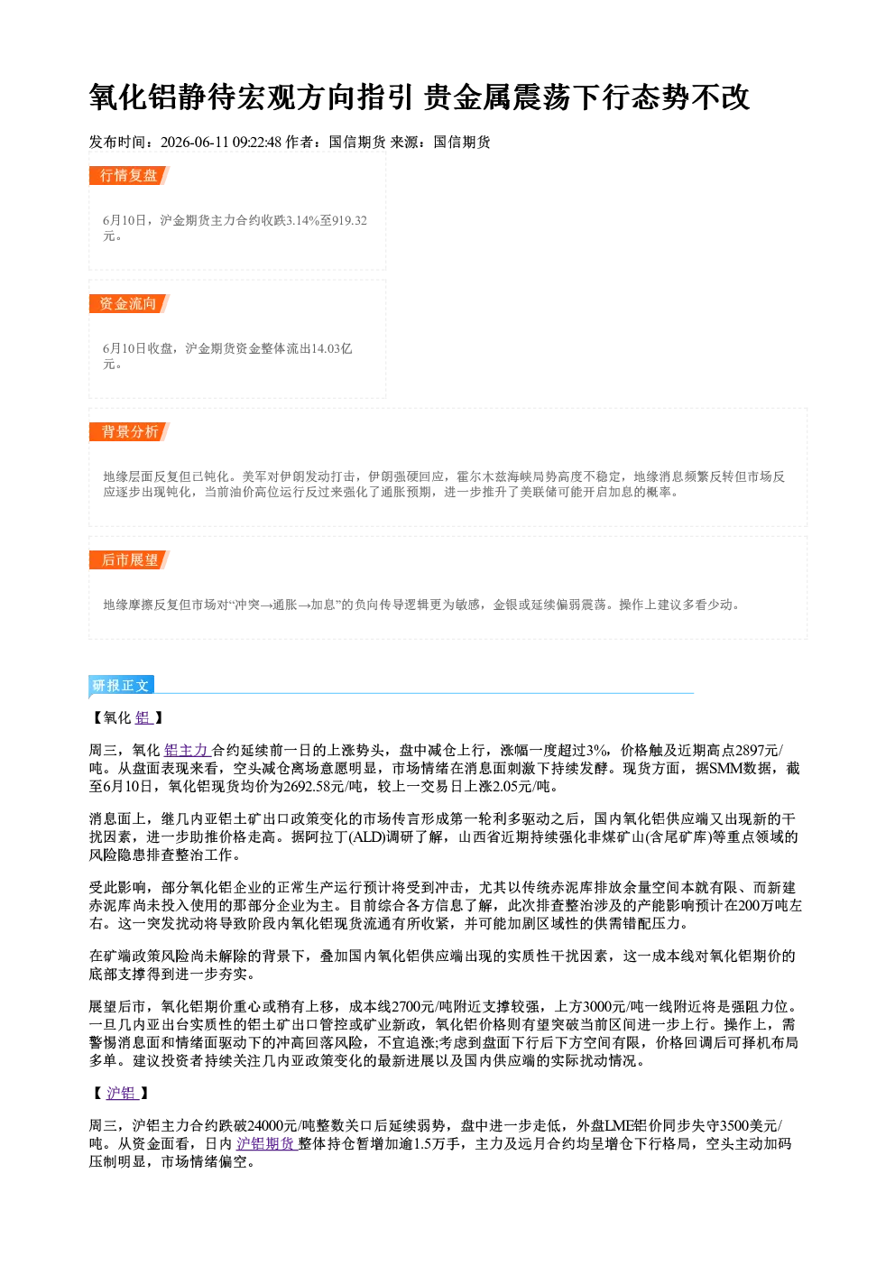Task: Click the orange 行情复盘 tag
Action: pyautogui.click(x=129, y=175)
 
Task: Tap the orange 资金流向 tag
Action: pyautogui.click(x=129, y=303)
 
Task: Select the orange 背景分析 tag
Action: pyautogui.click(x=129, y=432)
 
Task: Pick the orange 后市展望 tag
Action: pyautogui.click(x=129, y=560)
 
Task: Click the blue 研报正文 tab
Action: pyautogui.click(x=121, y=686)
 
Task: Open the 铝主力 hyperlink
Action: pyautogui.click(x=187, y=750)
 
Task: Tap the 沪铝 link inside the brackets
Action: pyautogui.click(x=122, y=1093)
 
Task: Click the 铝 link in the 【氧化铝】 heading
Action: pyautogui.click(x=143, y=717)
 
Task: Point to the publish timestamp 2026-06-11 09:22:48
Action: pyautogui.click(x=221, y=142)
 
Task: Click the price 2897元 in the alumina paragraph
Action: pyautogui.click(x=757, y=750)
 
